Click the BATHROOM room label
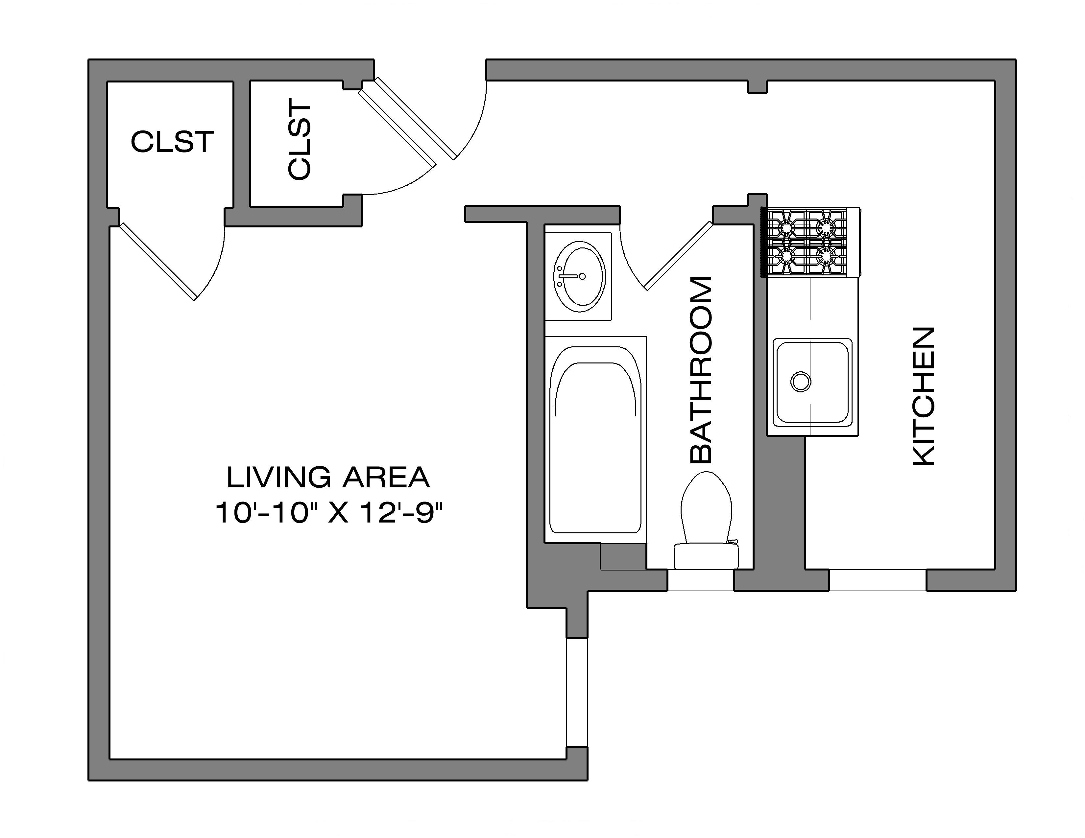click(702, 370)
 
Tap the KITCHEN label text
click(924, 396)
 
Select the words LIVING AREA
click(328, 477)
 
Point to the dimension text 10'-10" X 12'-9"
click(328, 513)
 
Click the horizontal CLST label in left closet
click(172, 142)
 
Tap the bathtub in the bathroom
click(595, 440)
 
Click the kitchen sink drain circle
click(800, 381)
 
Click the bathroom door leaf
click(679, 256)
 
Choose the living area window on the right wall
click(577, 692)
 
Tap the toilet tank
click(706, 556)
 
